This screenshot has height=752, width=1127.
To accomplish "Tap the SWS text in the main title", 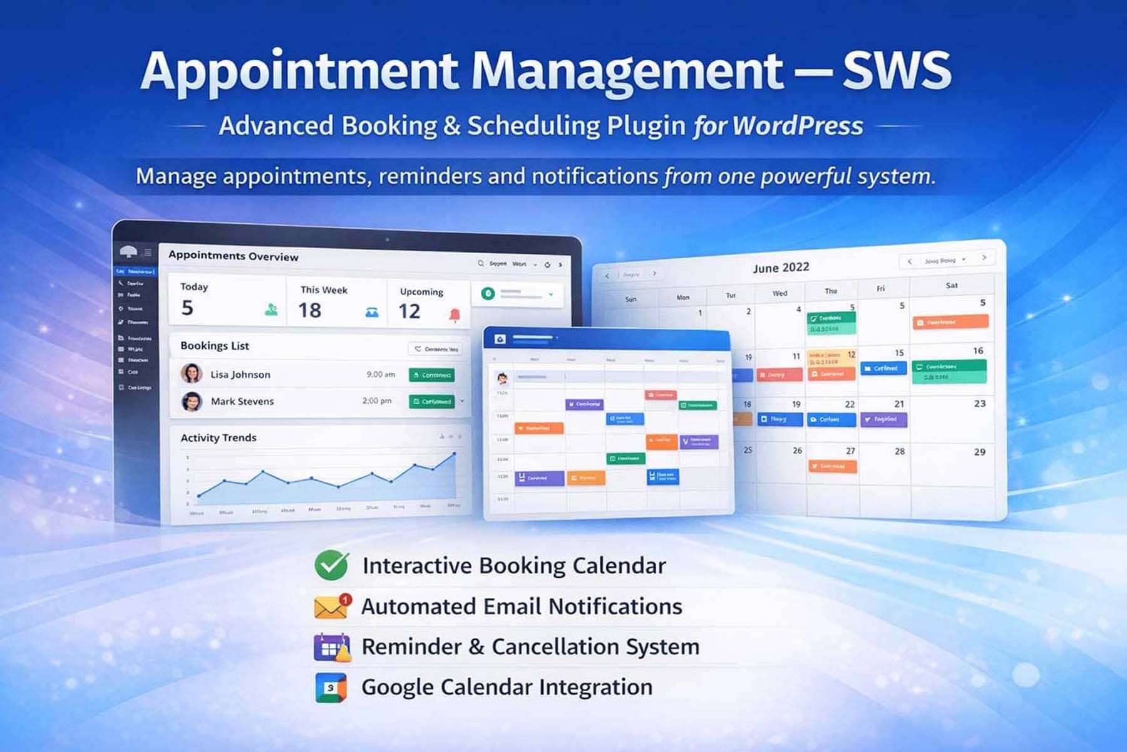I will [x=897, y=71].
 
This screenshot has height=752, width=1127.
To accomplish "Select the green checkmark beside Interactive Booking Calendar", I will [x=331, y=565].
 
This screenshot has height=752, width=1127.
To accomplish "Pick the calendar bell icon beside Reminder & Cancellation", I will [x=332, y=647].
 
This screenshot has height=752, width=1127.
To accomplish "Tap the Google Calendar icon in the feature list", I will [x=331, y=688].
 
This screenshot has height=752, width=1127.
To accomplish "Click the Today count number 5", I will [x=187, y=308].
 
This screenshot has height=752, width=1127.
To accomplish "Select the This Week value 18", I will [x=310, y=310].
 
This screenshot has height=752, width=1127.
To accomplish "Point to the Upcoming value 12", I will [x=409, y=311].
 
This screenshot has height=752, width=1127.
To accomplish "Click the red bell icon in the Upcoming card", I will [x=455, y=315].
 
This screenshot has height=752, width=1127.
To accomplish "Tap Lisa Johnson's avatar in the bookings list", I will [x=192, y=373].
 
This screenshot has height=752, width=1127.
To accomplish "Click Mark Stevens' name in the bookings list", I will [x=242, y=401].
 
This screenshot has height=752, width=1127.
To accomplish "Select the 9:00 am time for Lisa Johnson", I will [x=381, y=374].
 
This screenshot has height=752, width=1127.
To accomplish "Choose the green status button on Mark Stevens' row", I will [x=431, y=401].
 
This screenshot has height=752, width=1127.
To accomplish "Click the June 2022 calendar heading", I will [x=781, y=268].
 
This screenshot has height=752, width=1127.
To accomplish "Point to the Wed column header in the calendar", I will [x=780, y=293].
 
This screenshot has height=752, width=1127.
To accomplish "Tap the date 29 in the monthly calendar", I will [x=979, y=452].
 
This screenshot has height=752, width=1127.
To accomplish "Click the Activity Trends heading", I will [x=219, y=437].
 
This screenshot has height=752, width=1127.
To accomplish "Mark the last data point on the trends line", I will [x=455, y=453].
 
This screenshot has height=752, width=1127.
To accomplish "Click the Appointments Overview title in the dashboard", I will [x=234, y=256].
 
